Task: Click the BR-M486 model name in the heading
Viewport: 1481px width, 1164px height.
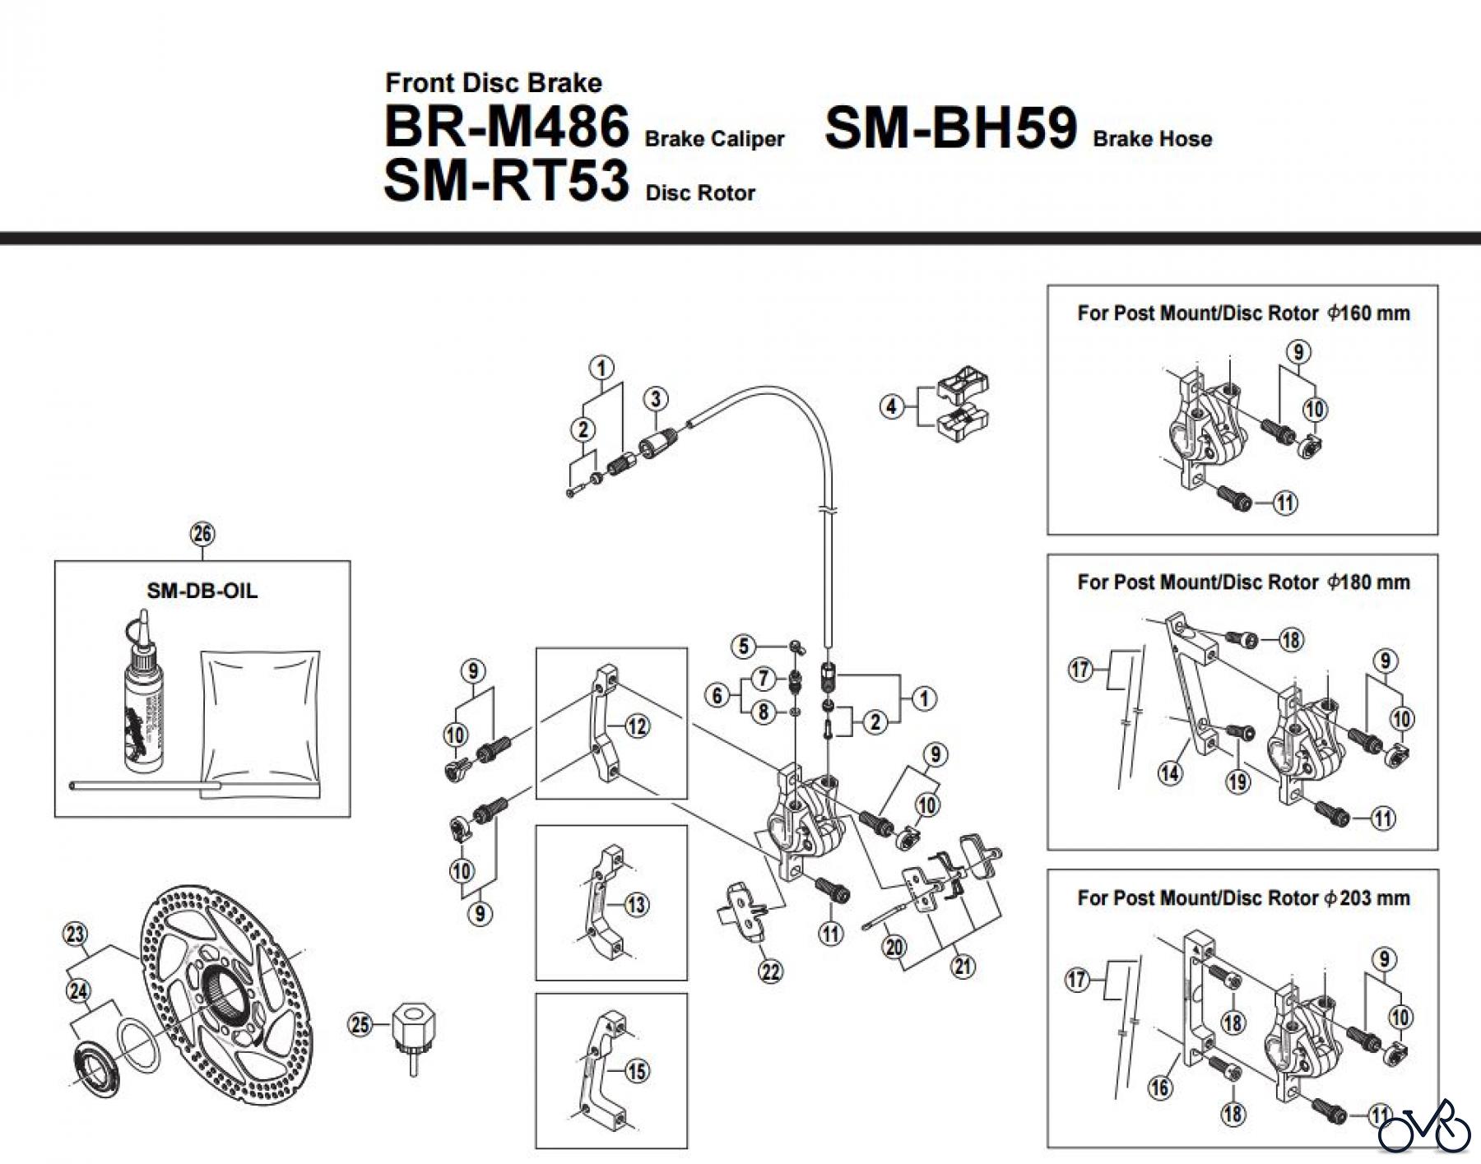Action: point(506,128)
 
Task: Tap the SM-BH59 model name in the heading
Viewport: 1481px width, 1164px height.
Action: point(950,128)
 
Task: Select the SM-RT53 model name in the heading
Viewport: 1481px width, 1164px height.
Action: point(506,181)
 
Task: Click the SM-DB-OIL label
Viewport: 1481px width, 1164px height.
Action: point(202,591)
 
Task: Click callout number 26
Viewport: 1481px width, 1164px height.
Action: point(202,534)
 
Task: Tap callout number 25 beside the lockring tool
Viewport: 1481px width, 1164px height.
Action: point(360,1025)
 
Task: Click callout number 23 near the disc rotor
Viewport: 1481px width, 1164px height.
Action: point(76,934)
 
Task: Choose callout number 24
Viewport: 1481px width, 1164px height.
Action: point(78,991)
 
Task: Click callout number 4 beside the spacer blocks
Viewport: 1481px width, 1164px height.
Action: point(892,406)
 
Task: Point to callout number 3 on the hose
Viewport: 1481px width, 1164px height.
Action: point(655,399)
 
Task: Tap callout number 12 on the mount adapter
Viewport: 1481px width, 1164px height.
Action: point(637,726)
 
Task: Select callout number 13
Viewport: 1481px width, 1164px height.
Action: point(637,905)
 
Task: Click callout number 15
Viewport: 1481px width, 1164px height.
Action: point(637,1071)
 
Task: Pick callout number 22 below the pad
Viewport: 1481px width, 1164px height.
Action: point(770,972)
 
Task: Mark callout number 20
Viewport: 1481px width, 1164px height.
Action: point(894,947)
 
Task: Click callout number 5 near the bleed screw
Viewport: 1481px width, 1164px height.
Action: point(744,646)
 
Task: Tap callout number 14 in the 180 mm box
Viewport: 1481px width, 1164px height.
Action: point(1169,773)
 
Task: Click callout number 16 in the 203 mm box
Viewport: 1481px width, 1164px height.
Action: point(1159,1087)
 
